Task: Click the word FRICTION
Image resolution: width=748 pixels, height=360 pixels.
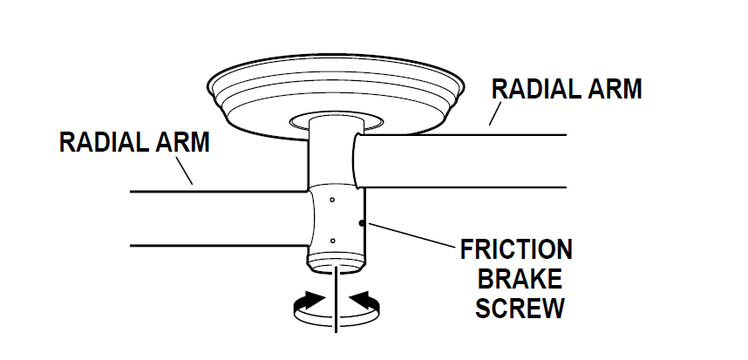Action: (x=516, y=250)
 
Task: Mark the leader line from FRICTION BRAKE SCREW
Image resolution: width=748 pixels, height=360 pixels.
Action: (x=409, y=235)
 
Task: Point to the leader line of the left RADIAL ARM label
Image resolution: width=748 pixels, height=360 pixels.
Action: (x=184, y=172)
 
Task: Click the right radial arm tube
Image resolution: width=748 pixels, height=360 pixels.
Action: (x=471, y=160)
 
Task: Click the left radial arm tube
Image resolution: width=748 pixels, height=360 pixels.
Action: (x=218, y=218)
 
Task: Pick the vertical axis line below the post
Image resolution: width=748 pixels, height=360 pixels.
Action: (x=337, y=309)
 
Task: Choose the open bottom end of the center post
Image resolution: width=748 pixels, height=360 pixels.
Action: (x=337, y=265)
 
